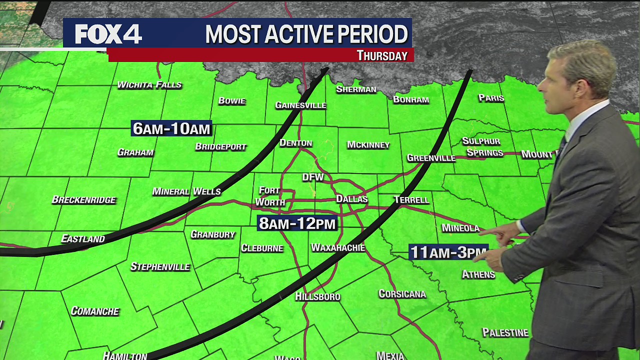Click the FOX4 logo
[108, 34]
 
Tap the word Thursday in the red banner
[382, 55]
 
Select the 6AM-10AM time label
[171, 128]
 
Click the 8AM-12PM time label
[297, 223]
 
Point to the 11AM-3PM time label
[448, 252]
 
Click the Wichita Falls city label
[149, 84]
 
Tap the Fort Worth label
[270, 196]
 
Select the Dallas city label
[351, 199]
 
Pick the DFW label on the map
[313, 177]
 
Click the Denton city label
[295, 143]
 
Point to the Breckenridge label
[84, 199]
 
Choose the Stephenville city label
[160, 266]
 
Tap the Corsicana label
[402, 293]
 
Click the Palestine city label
[505, 332]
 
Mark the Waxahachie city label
[338, 247]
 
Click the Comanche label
[95, 311]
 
